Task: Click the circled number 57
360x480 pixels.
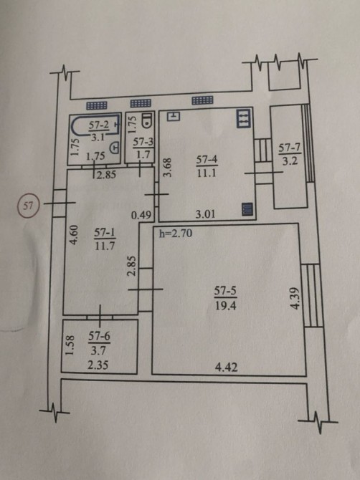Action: [x=28, y=206]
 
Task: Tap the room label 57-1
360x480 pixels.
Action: [x=105, y=233]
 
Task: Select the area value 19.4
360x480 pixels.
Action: [x=225, y=305]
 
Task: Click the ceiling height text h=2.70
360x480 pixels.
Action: [x=176, y=234]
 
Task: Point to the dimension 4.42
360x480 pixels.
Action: [x=226, y=367]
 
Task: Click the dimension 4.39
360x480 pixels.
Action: [x=295, y=298]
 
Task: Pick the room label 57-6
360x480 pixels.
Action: [x=99, y=337]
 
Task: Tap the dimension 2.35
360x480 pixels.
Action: [x=98, y=365]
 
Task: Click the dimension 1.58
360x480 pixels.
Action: [x=70, y=345]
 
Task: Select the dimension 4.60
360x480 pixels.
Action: [x=74, y=235]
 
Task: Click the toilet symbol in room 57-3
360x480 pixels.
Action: [x=147, y=120]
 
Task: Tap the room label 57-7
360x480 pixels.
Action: [x=290, y=148]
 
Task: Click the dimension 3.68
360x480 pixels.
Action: [x=167, y=168]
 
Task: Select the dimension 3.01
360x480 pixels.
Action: [x=205, y=213]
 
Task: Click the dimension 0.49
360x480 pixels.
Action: [x=141, y=215]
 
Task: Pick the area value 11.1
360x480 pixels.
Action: [x=207, y=173]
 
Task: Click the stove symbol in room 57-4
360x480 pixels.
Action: [x=244, y=118]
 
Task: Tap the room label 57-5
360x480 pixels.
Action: [x=225, y=291]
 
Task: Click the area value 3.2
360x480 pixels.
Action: [x=290, y=161]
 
